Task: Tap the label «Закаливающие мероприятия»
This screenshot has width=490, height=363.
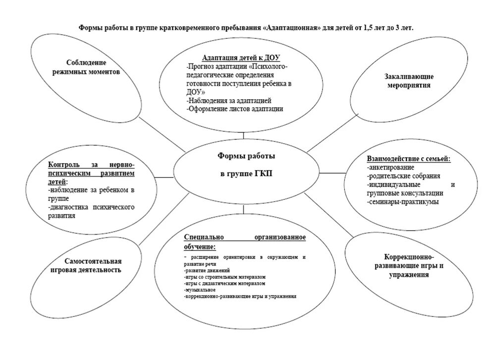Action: tap(409, 81)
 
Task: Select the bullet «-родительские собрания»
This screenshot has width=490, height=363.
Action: tap(403, 176)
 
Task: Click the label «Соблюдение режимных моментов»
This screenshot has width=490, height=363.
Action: tap(87, 67)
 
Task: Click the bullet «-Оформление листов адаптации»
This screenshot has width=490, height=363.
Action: tap(235, 109)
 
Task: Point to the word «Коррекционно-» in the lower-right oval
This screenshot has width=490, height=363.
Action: tap(409, 257)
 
